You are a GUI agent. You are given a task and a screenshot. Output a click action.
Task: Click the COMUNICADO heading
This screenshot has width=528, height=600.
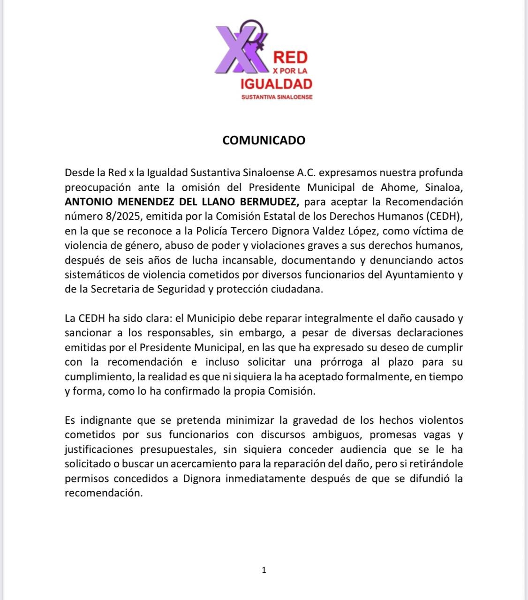[x=264, y=140]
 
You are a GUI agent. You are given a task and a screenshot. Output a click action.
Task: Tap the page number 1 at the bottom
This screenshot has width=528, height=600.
[x=264, y=570]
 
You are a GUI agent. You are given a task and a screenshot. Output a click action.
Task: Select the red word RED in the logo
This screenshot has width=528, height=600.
[x=290, y=58]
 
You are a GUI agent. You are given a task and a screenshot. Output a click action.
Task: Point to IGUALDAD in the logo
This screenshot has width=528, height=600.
[x=276, y=84]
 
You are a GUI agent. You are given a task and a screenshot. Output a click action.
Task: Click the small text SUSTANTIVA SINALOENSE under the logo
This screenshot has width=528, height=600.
[x=276, y=97]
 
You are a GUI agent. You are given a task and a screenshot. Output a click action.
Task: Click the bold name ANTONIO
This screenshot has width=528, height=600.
[x=89, y=202]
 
